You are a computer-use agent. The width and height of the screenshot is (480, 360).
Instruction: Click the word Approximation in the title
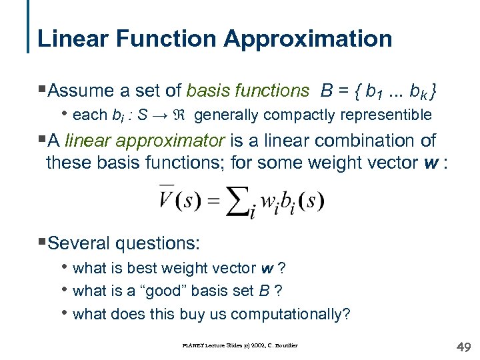coord(308,38)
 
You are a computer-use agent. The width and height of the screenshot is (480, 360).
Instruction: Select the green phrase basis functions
coord(248,90)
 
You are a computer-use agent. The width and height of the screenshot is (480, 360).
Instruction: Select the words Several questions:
coord(123,243)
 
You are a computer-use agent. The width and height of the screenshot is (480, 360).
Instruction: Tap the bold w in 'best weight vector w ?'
coord(267,268)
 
